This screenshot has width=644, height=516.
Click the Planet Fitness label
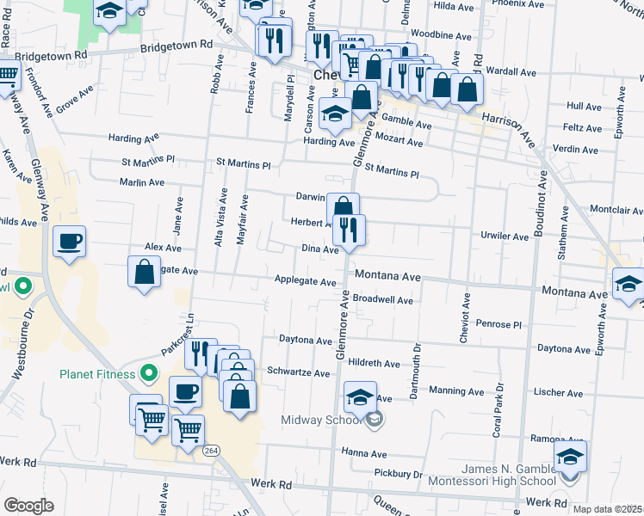[96, 374]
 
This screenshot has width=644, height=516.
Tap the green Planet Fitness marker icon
[149, 373]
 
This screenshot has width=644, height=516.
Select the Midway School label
[320, 420]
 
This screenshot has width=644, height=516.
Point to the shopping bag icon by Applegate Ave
[145, 271]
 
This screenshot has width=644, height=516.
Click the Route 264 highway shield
[210, 450]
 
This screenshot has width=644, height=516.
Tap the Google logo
[28, 505]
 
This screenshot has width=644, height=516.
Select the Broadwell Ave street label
[383, 301]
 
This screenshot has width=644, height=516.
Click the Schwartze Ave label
[299, 374]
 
